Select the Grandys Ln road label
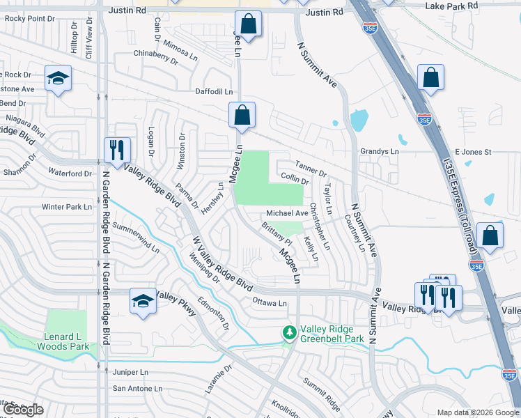pos(379,151)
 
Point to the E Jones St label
pos(473,151)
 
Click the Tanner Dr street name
pos(311,169)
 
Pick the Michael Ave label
pos(286,213)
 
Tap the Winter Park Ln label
pos(66,207)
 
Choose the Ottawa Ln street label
pos(269,303)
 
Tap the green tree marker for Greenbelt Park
pos(288,334)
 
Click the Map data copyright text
pos(477,412)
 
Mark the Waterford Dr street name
pos(70,172)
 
